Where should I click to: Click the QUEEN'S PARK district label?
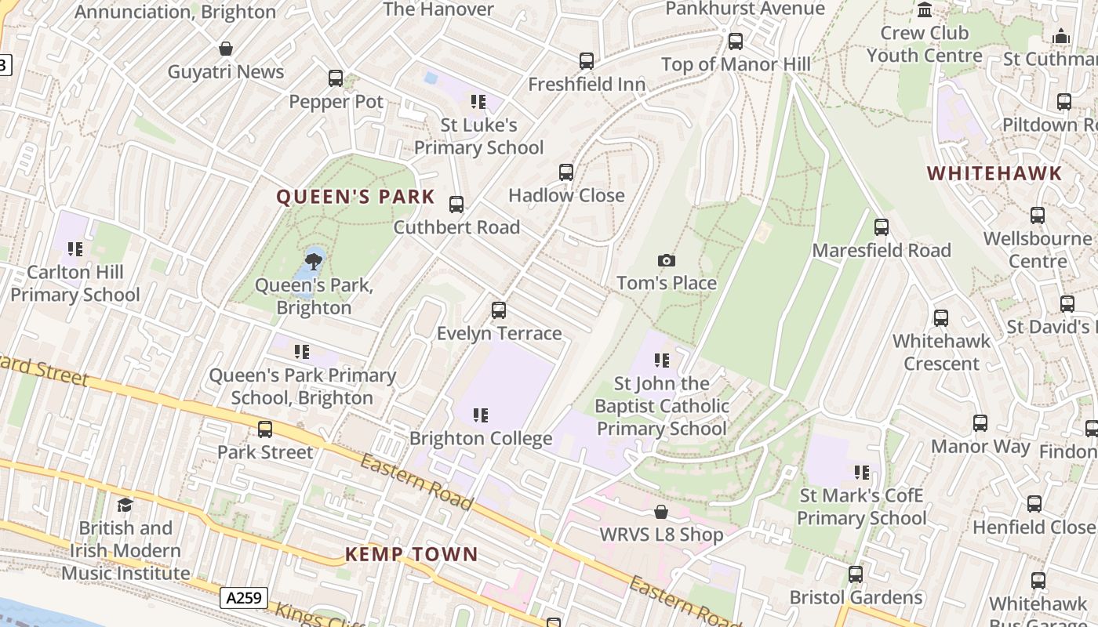click(x=355, y=197)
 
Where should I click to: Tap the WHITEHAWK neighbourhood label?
click(x=994, y=173)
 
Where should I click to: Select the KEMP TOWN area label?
click(x=411, y=554)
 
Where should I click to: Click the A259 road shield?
click(x=244, y=599)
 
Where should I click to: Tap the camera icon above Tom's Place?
click(x=666, y=260)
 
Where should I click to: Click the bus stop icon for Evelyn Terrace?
click(x=499, y=310)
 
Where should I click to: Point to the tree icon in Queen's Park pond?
click(x=314, y=260)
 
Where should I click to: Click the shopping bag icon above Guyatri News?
click(x=226, y=49)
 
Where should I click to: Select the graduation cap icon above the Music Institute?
click(x=125, y=505)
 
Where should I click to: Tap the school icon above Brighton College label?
click(x=480, y=415)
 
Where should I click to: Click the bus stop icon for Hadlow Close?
click(x=566, y=172)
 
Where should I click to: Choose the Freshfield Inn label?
click(x=587, y=84)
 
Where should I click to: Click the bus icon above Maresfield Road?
click(x=882, y=227)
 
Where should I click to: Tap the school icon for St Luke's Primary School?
click(x=478, y=102)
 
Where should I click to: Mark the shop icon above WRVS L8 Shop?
click(x=661, y=512)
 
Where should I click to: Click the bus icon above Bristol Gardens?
click(x=856, y=574)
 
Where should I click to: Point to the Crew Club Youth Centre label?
click(x=924, y=44)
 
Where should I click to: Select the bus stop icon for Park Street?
click(x=265, y=429)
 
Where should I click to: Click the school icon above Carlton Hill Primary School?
click(x=75, y=249)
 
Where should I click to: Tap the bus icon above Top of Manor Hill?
click(x=736, y=42)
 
